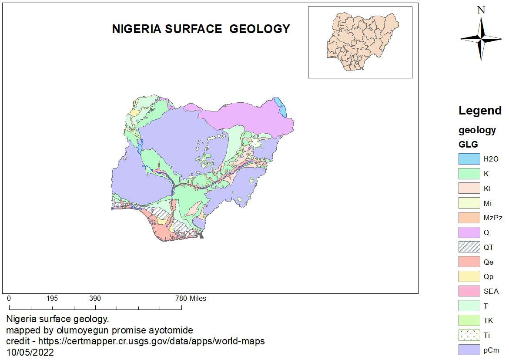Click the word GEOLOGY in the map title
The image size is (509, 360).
click(259, 29)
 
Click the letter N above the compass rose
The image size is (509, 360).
click(481, 10)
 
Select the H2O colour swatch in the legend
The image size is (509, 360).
click(469, 159)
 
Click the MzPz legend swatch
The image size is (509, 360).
click(469, 218)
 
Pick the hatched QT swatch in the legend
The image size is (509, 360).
click(469, 247)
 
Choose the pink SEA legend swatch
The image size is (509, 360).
click(469, 291)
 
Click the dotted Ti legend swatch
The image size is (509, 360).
click(469, 336)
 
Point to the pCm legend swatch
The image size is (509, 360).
click(469, 350)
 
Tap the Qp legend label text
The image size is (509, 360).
click(488, 277)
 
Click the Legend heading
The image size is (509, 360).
click(480, 111)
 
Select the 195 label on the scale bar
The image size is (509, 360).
click(52, 299)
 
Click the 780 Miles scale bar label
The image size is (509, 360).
click(191, 299)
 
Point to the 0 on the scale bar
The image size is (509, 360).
click(9, 299)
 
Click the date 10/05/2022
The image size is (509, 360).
click(30, 352)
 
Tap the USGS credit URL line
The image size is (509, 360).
click(135, 341)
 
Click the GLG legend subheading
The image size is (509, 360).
click(468, 145)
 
